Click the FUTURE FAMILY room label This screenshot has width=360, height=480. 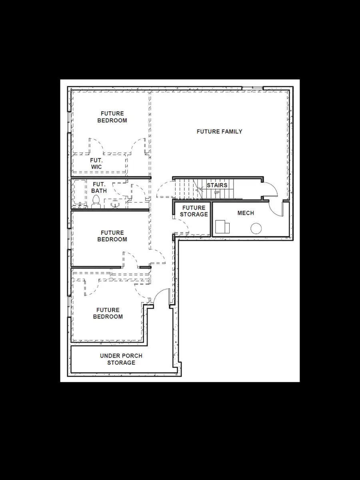point(219,132)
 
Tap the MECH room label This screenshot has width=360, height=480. point(246,213)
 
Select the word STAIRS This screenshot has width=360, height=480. point(217,185)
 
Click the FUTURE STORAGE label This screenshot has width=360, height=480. point(194,211)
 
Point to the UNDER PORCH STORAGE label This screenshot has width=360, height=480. point(121,359)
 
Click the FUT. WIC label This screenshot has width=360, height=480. point(96,163)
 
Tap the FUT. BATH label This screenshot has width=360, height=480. point(99,187)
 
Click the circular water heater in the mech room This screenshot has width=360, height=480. point(256,229)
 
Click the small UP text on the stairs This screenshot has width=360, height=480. point(217,192)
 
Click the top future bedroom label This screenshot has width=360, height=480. point(112,117)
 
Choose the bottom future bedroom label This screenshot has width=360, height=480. point(108,313)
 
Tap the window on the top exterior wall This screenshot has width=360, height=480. point(252,88)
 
